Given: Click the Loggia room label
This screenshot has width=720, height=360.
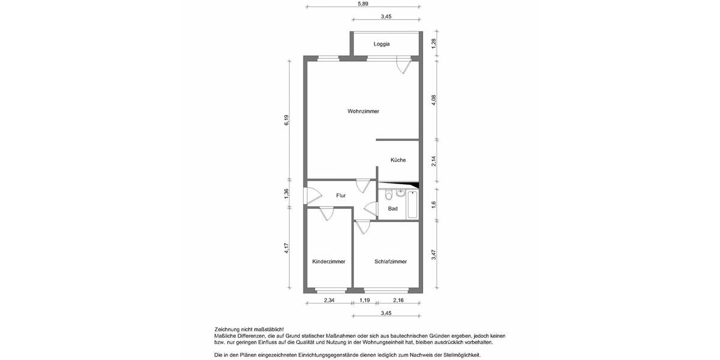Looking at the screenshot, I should click(382, 44).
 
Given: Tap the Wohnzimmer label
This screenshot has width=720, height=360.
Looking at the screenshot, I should click(363, 111).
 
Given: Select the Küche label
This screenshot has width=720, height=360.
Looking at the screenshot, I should click(398, 160).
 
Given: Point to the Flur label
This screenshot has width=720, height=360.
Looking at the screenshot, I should click(341, 196).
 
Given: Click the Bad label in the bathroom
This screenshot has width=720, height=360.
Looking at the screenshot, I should click(393, 209).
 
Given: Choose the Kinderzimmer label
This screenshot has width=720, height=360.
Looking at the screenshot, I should click(328, 262).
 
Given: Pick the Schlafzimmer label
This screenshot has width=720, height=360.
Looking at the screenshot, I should click(391, 262).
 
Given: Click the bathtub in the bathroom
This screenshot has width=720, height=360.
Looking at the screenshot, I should click(413, 205).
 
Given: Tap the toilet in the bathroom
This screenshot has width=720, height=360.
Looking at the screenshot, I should click(389, 195).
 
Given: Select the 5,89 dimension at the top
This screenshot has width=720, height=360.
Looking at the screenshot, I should click(362, 4).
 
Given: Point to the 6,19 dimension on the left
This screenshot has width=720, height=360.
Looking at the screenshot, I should click(287, 120).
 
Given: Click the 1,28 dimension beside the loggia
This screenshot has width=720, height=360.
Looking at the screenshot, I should click(433, 43).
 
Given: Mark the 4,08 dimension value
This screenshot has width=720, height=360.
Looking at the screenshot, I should click(433, 100).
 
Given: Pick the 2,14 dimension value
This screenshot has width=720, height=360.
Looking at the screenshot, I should click(433, 161).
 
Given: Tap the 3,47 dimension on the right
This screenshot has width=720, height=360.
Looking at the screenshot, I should click(433, 254).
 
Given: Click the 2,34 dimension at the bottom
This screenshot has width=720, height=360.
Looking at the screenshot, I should click(329, 300).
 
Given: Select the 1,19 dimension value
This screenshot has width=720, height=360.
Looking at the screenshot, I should click(365, 300).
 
